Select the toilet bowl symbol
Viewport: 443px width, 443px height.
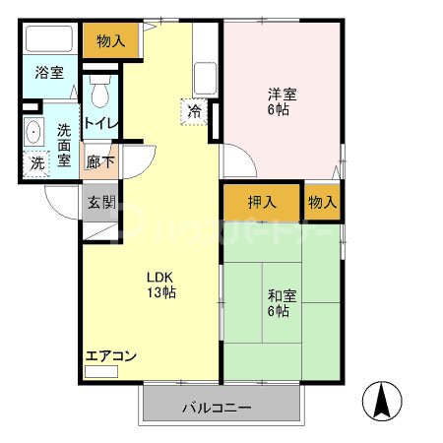[98, 94]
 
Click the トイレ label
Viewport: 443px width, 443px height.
[100, 123]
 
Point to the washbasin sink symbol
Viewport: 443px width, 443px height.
[33, 131]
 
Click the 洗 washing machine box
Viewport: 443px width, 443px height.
[35, 162]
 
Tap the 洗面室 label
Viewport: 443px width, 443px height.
[64, 145]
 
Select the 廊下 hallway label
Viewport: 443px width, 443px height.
[100, 162]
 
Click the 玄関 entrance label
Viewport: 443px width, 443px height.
[100, 203]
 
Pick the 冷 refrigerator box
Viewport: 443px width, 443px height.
[196, 110]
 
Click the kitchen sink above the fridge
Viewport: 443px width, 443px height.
[206, 76]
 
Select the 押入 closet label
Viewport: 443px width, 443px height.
[261, 203]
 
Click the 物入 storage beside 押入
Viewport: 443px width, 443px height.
[322, 203]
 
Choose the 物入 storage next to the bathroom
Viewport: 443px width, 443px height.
[110, 40]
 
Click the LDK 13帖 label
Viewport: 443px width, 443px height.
[160, 285]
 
